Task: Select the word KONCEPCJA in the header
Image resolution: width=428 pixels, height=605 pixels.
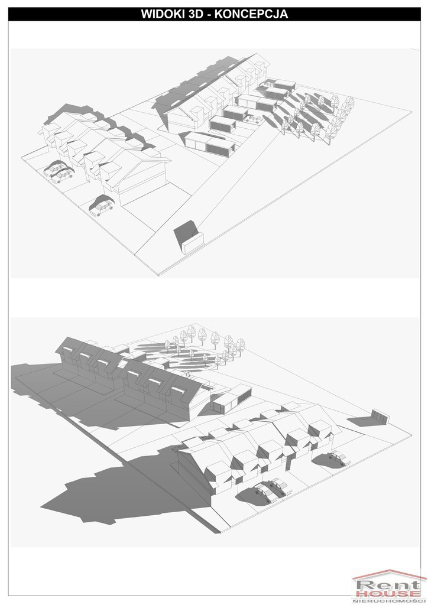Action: click(251, 14)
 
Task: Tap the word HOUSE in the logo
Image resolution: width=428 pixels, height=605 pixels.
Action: click(388, 594)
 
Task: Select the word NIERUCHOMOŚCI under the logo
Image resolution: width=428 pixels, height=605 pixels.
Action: click(387, 601)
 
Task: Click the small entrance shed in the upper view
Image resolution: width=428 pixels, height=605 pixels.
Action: click(193, 243)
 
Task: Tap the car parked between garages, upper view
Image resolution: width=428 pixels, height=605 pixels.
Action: click(252, 119)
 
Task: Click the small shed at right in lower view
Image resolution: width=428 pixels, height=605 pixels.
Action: click(380, 417)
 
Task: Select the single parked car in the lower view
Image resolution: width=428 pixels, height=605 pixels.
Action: click(338, 458)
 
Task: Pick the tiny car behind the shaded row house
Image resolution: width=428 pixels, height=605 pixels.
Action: click(186, 373)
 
